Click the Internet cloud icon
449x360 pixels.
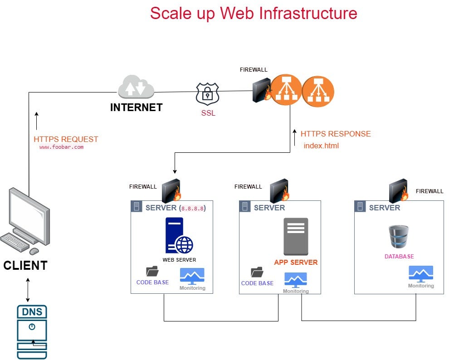pos(136,88)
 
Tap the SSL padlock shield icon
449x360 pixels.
pos(207,93)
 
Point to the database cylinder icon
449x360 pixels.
pos(399,237)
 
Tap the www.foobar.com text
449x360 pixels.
pos(61,147)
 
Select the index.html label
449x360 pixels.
pos(321,146)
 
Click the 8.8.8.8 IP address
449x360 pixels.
pos(193,208)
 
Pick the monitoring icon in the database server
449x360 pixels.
pos(420,273)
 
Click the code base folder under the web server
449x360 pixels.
pos(152,271)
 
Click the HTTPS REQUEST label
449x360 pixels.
pos(66,139)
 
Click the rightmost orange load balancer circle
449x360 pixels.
pos(318,91)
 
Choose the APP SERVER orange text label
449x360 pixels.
pos(296,262)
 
